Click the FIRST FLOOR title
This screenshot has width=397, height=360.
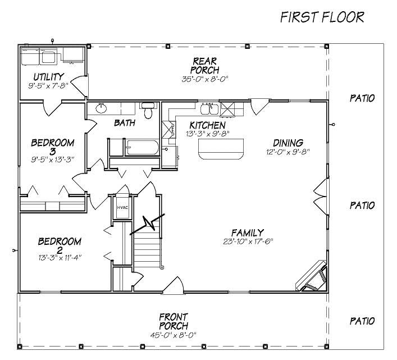click(322, 17)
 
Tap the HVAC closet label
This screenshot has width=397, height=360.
click(122, 207)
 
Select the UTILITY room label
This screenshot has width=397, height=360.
click(48, 77)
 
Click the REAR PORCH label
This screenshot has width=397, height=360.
click(201, 65)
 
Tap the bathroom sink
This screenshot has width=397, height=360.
click(102, 108)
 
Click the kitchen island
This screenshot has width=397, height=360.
click(222, 149)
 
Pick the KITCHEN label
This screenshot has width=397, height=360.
click(207, 125)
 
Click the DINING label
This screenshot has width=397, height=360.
click(288, 143)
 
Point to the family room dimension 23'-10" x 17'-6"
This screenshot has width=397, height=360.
click(250, 241)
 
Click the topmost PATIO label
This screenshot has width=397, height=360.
click(362, 98)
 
